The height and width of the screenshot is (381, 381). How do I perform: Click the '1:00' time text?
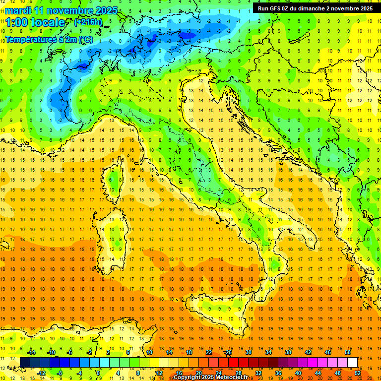(17, 22)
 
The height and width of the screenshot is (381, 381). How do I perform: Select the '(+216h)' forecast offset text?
(89, 22)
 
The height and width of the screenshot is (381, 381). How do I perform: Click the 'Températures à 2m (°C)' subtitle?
(49, 39)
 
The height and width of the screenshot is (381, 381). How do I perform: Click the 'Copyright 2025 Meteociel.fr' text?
(213, 378)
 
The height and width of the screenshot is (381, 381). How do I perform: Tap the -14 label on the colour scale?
(32, 352)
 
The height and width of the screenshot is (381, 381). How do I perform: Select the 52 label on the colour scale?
(358, 373)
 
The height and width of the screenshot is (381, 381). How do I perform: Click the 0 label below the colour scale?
(98, 373)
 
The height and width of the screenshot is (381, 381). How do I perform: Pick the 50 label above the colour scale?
(347, 352)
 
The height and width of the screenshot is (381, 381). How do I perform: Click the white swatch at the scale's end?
(352, 362)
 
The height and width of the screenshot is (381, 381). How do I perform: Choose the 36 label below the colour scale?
(278, 373)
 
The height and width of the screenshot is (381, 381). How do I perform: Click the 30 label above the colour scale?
(248, 352)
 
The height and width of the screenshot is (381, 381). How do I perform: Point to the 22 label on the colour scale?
(208, 352)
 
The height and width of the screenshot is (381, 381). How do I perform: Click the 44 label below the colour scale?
(318, 373)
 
